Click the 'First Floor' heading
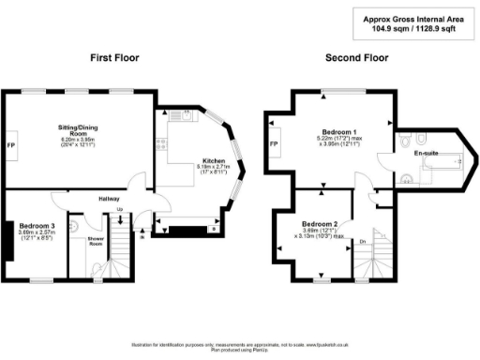coord(114,58)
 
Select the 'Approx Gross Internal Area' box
coord(415,22)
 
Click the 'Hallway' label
coord(111,198)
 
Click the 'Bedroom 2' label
coord(320,224)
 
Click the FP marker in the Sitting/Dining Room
coord(10,146)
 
